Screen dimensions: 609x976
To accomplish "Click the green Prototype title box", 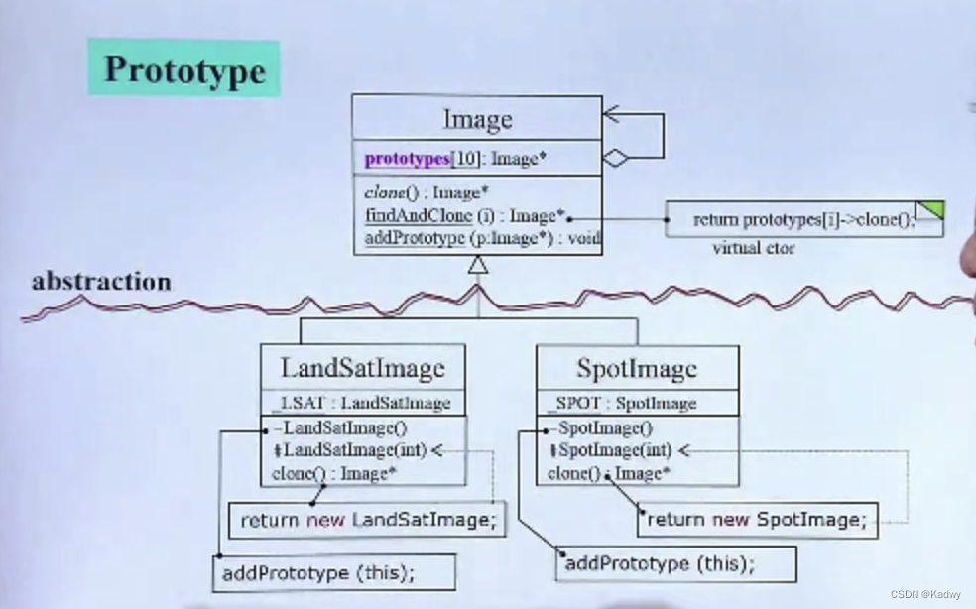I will [183, 68].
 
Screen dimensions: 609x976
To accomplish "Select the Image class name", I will [477, 119].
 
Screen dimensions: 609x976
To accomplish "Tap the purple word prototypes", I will [407, 159].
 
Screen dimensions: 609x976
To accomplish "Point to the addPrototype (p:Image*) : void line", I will [482, 238].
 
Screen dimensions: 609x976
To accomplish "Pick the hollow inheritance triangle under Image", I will [478, 265].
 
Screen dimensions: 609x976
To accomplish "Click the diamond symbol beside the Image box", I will [616, 159].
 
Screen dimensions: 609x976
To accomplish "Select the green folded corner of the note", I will [929, 210].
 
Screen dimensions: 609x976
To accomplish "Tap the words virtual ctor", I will [753, 248].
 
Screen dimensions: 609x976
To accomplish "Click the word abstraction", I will [101, 282].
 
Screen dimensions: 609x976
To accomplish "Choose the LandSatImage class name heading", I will [363, 369].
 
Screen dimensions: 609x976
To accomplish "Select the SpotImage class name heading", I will [637, 369].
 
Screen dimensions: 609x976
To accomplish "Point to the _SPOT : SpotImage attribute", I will [622, 403].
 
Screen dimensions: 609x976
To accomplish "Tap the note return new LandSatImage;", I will [367, 520].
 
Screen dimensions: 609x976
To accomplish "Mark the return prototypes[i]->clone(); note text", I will [802, 220].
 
